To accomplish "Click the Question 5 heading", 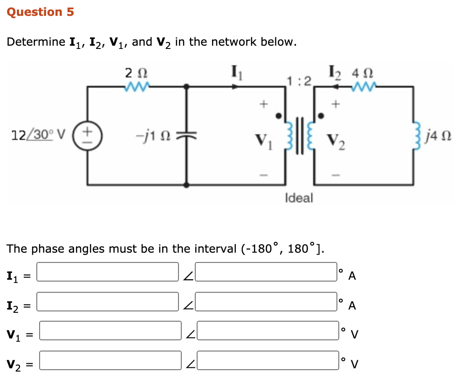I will [41, 12].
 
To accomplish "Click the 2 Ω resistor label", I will [137, 73].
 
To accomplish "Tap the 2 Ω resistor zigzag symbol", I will [136, 86].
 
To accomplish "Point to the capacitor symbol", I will [187, 135].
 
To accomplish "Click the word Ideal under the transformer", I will [299, 198].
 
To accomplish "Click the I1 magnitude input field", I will [108, 272].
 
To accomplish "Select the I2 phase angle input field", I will [267, 302].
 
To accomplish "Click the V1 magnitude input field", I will [110, 331].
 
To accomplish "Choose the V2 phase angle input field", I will [269, 360].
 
